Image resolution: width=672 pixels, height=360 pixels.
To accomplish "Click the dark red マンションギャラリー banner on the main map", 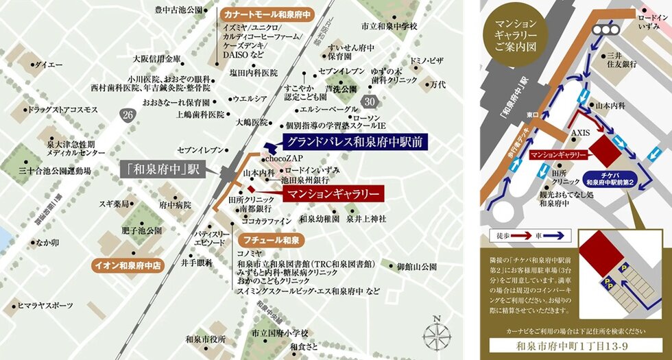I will point(332,194).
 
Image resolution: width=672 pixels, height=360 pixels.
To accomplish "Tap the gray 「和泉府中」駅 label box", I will point(163,169).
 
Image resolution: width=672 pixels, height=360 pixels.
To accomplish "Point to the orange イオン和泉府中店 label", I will point(128,264).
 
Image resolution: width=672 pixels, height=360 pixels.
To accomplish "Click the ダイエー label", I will point(49,64).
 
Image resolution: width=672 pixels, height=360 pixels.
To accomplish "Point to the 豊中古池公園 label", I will point(180,10).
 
